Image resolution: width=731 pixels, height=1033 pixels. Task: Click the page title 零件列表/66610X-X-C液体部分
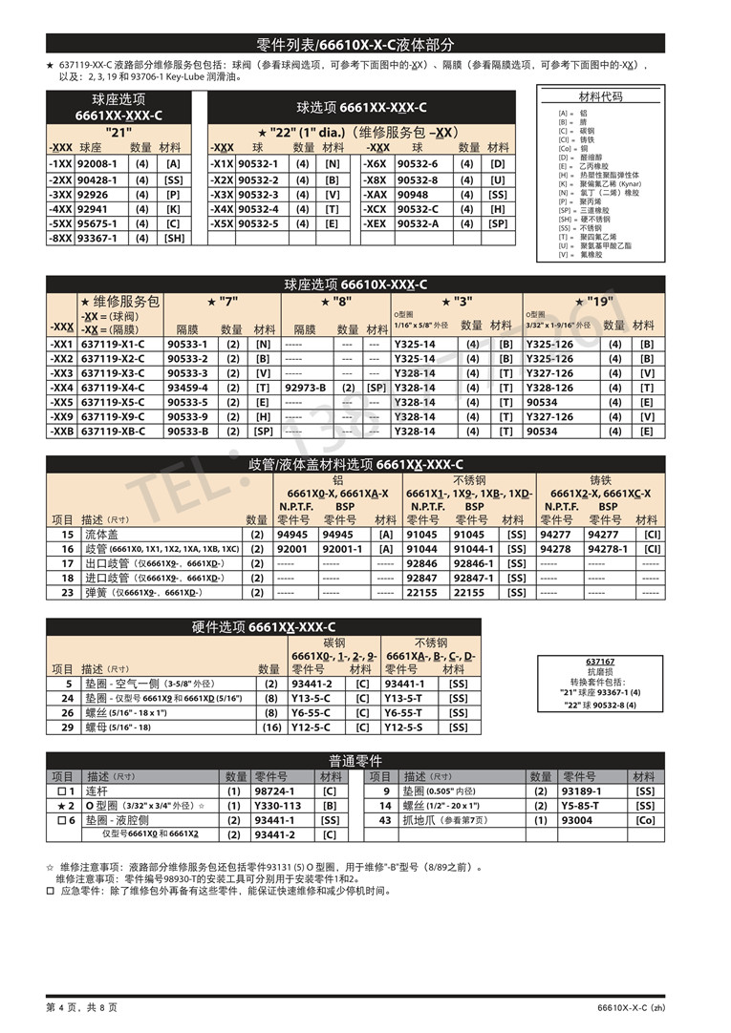click(x=355, y=44)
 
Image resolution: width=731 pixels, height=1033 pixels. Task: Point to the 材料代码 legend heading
click(x=601, y=97)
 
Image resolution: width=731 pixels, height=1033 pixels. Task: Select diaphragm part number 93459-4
click(x=187, y=388)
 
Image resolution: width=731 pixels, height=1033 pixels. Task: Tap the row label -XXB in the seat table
click(x=62, y=432)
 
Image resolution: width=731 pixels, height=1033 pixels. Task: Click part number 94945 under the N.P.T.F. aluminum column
click(x=292, y=535)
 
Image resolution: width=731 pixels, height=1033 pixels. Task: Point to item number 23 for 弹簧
click(x=67, y=592)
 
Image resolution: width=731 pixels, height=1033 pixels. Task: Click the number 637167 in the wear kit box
click(x=600, y=661)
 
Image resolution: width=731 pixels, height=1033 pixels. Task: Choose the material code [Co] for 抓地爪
click(x=646, y=820)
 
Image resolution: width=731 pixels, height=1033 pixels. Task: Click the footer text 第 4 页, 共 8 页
click(x=81, y=1007)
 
